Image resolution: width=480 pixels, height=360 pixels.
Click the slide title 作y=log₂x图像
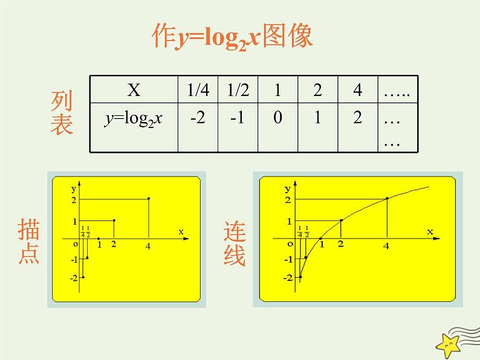coord(232,38)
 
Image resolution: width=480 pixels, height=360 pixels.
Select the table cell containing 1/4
coord(198,91)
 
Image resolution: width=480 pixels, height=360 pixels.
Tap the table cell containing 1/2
coord(238,91)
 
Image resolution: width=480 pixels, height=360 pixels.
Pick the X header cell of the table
coord(134,91)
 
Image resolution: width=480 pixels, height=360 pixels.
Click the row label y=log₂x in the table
coord(134,118)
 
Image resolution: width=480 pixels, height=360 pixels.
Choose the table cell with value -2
coord(198,118)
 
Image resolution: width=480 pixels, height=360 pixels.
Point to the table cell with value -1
coord(238,118)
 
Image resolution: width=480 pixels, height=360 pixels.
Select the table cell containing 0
coord(277,118)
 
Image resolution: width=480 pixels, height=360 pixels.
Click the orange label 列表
coord(62,113)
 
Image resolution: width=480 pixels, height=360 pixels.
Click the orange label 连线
coord(235,244)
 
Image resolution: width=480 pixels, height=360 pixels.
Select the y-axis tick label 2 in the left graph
coord(73,199)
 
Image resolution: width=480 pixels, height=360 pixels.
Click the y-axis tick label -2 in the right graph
coord(288,278)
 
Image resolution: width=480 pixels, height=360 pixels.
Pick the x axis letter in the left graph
coord(181,231)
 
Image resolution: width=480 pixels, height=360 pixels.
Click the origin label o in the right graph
coord(291,243)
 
